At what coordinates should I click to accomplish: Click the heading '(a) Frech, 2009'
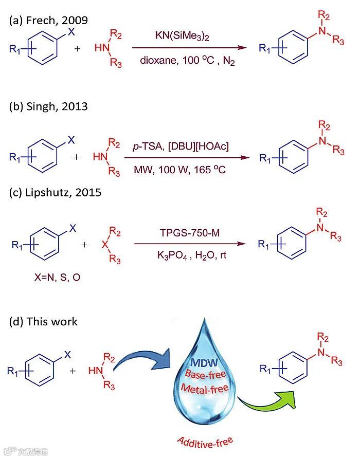pos(49,21)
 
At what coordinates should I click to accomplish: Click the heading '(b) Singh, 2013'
pos(48,106)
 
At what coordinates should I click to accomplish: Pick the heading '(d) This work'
pos(43,322)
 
